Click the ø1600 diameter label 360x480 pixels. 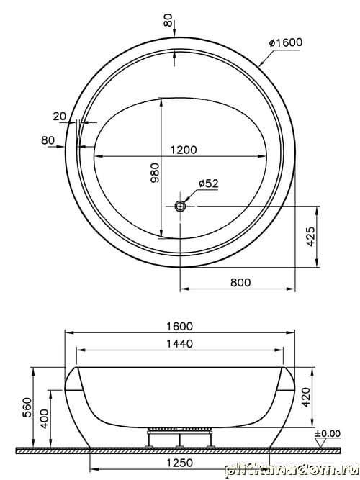pos(286,42)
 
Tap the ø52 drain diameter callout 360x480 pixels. pos(208,184)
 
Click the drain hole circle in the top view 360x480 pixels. pos(180,206)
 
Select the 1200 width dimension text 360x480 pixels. pos(183,150)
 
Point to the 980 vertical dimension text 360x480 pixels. pos(155,173)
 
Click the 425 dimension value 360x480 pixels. pos(310,237)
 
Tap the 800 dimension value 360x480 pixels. pos(240,282)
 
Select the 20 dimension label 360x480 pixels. pos(60,117)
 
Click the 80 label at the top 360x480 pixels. pos(168,20)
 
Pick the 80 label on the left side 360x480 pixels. pos(48,140)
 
